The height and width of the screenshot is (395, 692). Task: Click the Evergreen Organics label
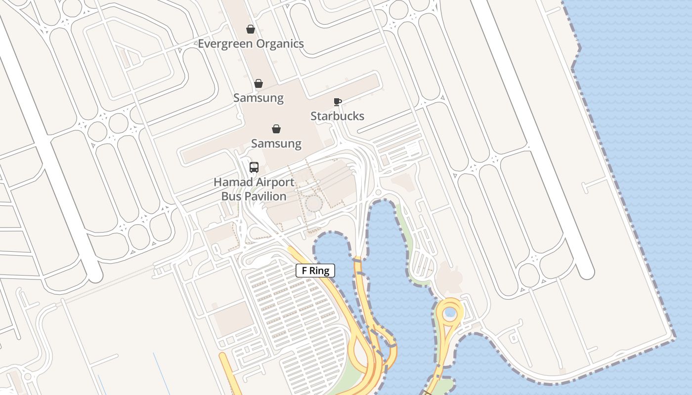click(x=251, y=43)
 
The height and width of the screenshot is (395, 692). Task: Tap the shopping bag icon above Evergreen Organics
click(x=251, y=30)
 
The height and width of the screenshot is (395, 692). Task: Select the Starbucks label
click(x=337, y=116)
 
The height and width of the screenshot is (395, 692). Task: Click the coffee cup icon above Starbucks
click(x=337, y=102)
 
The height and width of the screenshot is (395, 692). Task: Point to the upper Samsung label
click(x=258, y=98)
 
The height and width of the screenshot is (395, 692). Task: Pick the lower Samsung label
click(x=276, y=144)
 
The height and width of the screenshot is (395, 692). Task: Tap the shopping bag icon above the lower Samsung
click(x=276, y=129)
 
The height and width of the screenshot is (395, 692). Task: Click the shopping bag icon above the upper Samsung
click(x=258, y=83)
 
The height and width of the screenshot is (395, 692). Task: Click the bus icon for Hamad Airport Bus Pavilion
click(x=254, y=167)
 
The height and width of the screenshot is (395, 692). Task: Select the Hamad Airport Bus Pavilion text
click(x=254, y=189)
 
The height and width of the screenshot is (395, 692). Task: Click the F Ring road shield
click(x=315, y=271)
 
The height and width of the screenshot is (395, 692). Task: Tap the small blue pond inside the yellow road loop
click(x=450, y=313)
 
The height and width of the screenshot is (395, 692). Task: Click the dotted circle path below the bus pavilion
click(x=313, y=203)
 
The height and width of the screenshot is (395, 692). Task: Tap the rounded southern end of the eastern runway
click(x=586, y=272)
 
